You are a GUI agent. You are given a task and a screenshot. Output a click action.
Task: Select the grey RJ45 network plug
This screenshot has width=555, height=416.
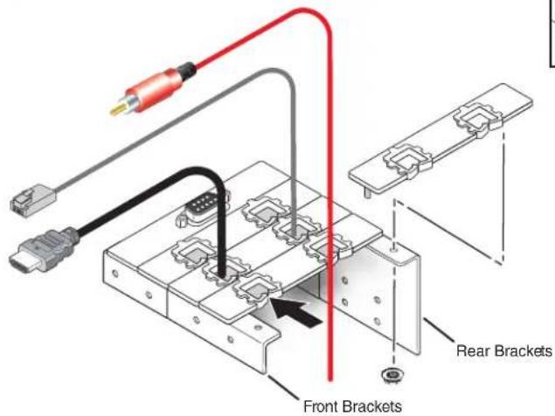[33, 200]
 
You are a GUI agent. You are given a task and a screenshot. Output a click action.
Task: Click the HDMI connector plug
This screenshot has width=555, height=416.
[43, 251]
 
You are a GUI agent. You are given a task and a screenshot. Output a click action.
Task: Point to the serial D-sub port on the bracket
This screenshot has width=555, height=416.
[202, 208]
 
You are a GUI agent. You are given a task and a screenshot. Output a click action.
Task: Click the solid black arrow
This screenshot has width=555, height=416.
[296, 311]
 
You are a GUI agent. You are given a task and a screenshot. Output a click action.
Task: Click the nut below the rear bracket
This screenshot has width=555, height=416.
[393, 375]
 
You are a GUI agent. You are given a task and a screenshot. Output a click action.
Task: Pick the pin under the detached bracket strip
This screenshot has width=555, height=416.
[368, 193]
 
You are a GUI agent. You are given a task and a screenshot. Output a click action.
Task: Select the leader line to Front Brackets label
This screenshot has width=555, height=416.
[284, 387]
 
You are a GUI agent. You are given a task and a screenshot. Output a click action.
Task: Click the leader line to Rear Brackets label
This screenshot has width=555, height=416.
[439, 330]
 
